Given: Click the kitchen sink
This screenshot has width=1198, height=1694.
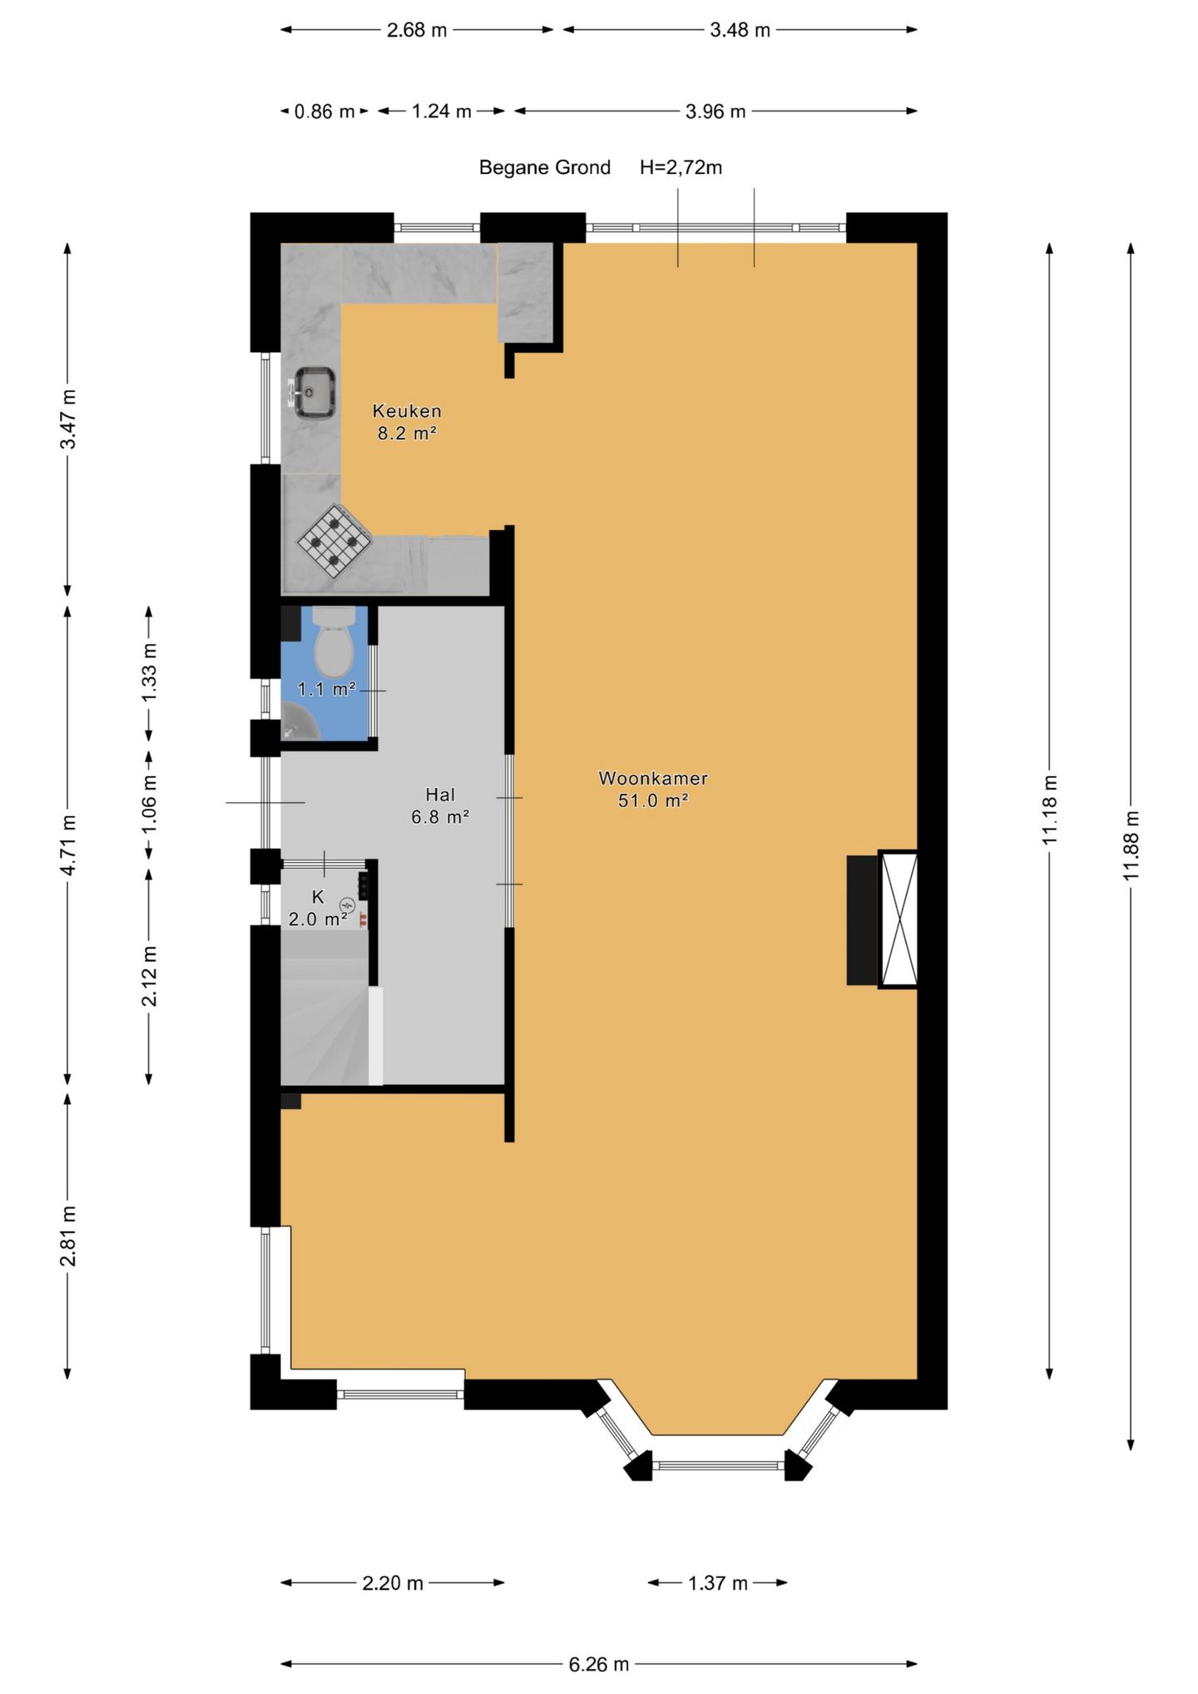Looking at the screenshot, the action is (x=314, y=392).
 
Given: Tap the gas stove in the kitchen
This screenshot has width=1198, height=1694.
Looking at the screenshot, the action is (x=334, y=542).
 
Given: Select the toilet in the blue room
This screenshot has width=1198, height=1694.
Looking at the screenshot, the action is (x=334, y=641).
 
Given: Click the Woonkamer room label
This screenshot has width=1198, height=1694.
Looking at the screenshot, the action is (x=653, y=779).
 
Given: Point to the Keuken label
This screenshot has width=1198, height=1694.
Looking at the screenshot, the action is (x=407, y=411).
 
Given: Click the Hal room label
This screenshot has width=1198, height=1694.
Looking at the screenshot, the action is (x=440, y=795).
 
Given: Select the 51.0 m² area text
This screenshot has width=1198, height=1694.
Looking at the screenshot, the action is (x=653, y=800).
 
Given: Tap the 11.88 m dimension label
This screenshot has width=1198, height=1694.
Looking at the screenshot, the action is (x=1131, y=845).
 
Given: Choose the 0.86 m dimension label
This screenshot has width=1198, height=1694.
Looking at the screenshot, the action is (x=324, y=111).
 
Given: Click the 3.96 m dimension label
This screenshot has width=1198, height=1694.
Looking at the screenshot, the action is (x=715, y=111).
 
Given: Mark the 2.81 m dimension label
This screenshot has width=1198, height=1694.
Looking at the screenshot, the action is (x=68, y=1236).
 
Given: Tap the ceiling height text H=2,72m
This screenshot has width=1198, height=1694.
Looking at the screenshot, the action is (x=681, y=167).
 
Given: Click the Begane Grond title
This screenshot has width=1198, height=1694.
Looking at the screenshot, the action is (x=545, y=167).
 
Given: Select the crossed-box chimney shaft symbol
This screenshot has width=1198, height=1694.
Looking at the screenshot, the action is (x=898, y=919).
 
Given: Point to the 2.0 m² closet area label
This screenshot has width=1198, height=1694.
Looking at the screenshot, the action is (x=318, y=919).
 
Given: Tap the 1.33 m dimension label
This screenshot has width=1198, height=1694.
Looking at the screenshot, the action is (x=149, y=673).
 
